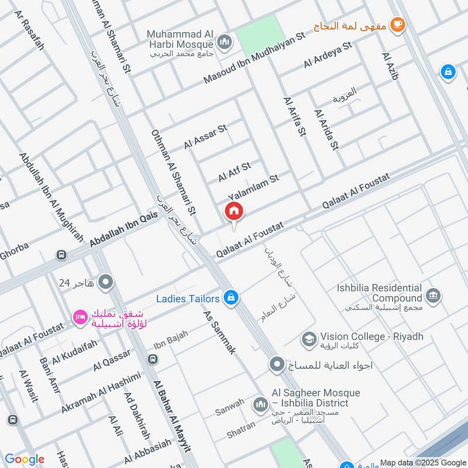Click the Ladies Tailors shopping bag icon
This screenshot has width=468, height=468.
tap(231, 298)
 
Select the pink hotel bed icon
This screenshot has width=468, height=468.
tap(78, 317)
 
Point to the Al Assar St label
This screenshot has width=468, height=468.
tap(205, 136)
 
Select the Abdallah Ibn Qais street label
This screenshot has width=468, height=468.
tap(124, 228)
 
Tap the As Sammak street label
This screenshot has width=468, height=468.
tap(219, 333)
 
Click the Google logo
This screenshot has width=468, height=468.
tap(25, 459)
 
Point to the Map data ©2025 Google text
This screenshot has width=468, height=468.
tap(422, 462)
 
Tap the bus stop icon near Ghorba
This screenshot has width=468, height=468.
tap(60, 255)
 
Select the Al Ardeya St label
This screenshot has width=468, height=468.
tap(327, 55)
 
